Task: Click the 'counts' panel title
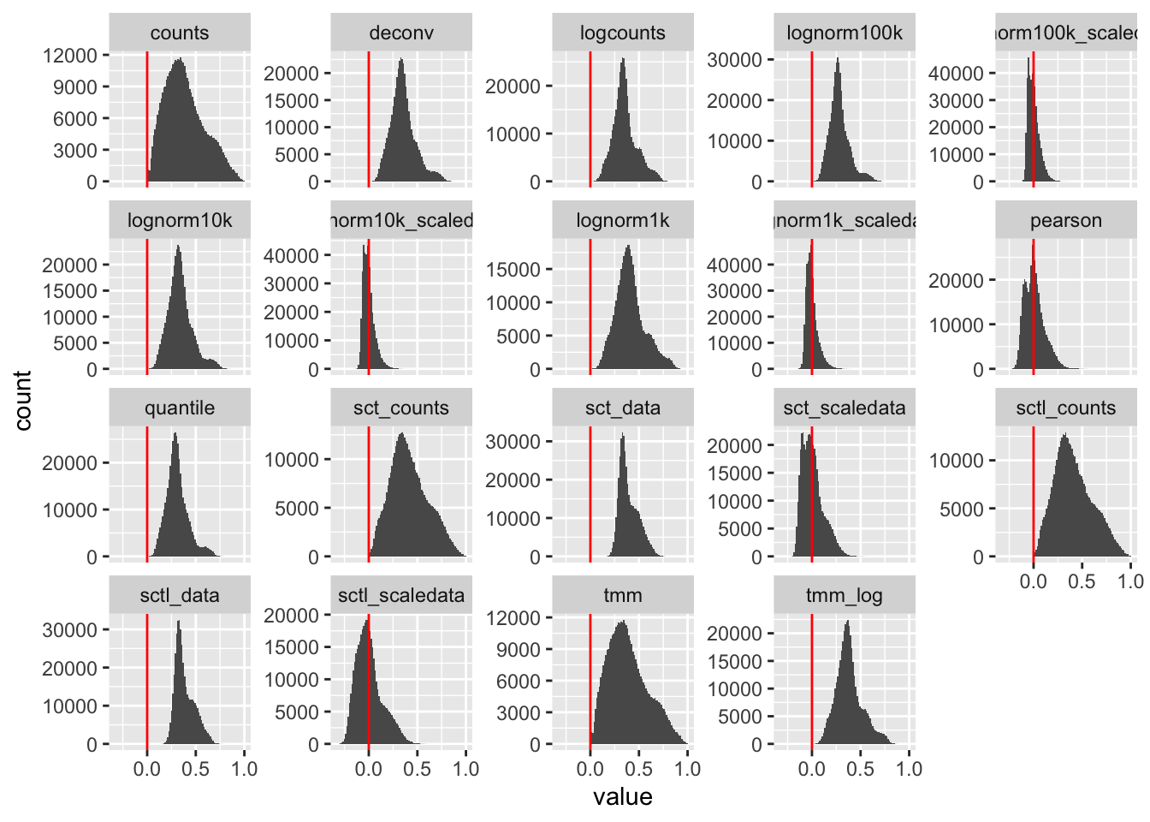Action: (180, 33)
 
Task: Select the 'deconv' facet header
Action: (401, 33)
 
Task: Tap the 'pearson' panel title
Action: (1066, 221)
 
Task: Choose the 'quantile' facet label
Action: (180, 408)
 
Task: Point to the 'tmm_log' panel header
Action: (845, 596)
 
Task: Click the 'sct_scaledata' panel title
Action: (845, 408)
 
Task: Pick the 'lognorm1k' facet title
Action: (623, 221)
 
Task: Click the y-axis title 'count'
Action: (23, 400)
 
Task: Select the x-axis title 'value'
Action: (623, 797)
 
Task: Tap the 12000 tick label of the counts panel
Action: (70, 56)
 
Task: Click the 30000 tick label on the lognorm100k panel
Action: (734, 60)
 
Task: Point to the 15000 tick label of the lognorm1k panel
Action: (513, 270)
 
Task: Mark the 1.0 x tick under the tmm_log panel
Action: (909, 769)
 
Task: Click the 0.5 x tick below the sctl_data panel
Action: (195, 769)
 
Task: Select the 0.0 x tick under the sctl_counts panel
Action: (1034, 581)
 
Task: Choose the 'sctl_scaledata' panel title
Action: (401, 596)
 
